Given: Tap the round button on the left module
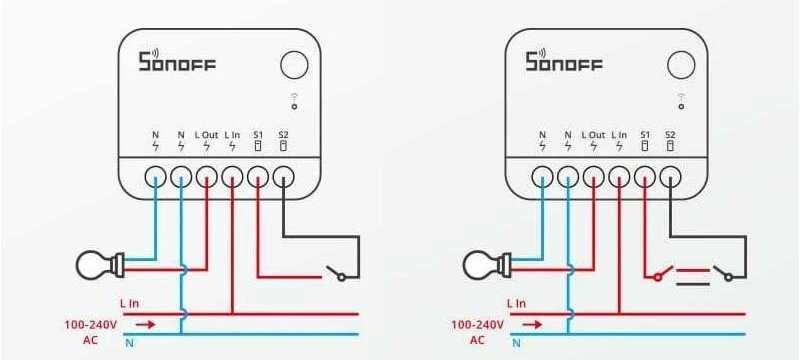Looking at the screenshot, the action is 294,65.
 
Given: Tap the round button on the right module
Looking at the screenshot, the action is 681,65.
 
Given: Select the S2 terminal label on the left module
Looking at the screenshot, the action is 283,135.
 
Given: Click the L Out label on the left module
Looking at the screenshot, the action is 206,135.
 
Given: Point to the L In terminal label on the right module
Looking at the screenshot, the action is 619,135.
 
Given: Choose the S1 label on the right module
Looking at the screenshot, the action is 645,135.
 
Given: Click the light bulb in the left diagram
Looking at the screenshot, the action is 100,265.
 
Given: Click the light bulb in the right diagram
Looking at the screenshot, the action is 487,265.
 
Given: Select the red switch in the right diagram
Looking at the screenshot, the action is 663,273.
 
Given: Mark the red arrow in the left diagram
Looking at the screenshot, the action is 145,324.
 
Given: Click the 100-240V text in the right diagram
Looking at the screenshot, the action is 478,324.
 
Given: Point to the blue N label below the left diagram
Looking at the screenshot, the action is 130,343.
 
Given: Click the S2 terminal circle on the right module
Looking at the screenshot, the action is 670,177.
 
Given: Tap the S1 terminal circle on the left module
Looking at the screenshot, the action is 258,177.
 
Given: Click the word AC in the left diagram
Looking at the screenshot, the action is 90,340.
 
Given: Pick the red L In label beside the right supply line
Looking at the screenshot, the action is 516,304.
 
